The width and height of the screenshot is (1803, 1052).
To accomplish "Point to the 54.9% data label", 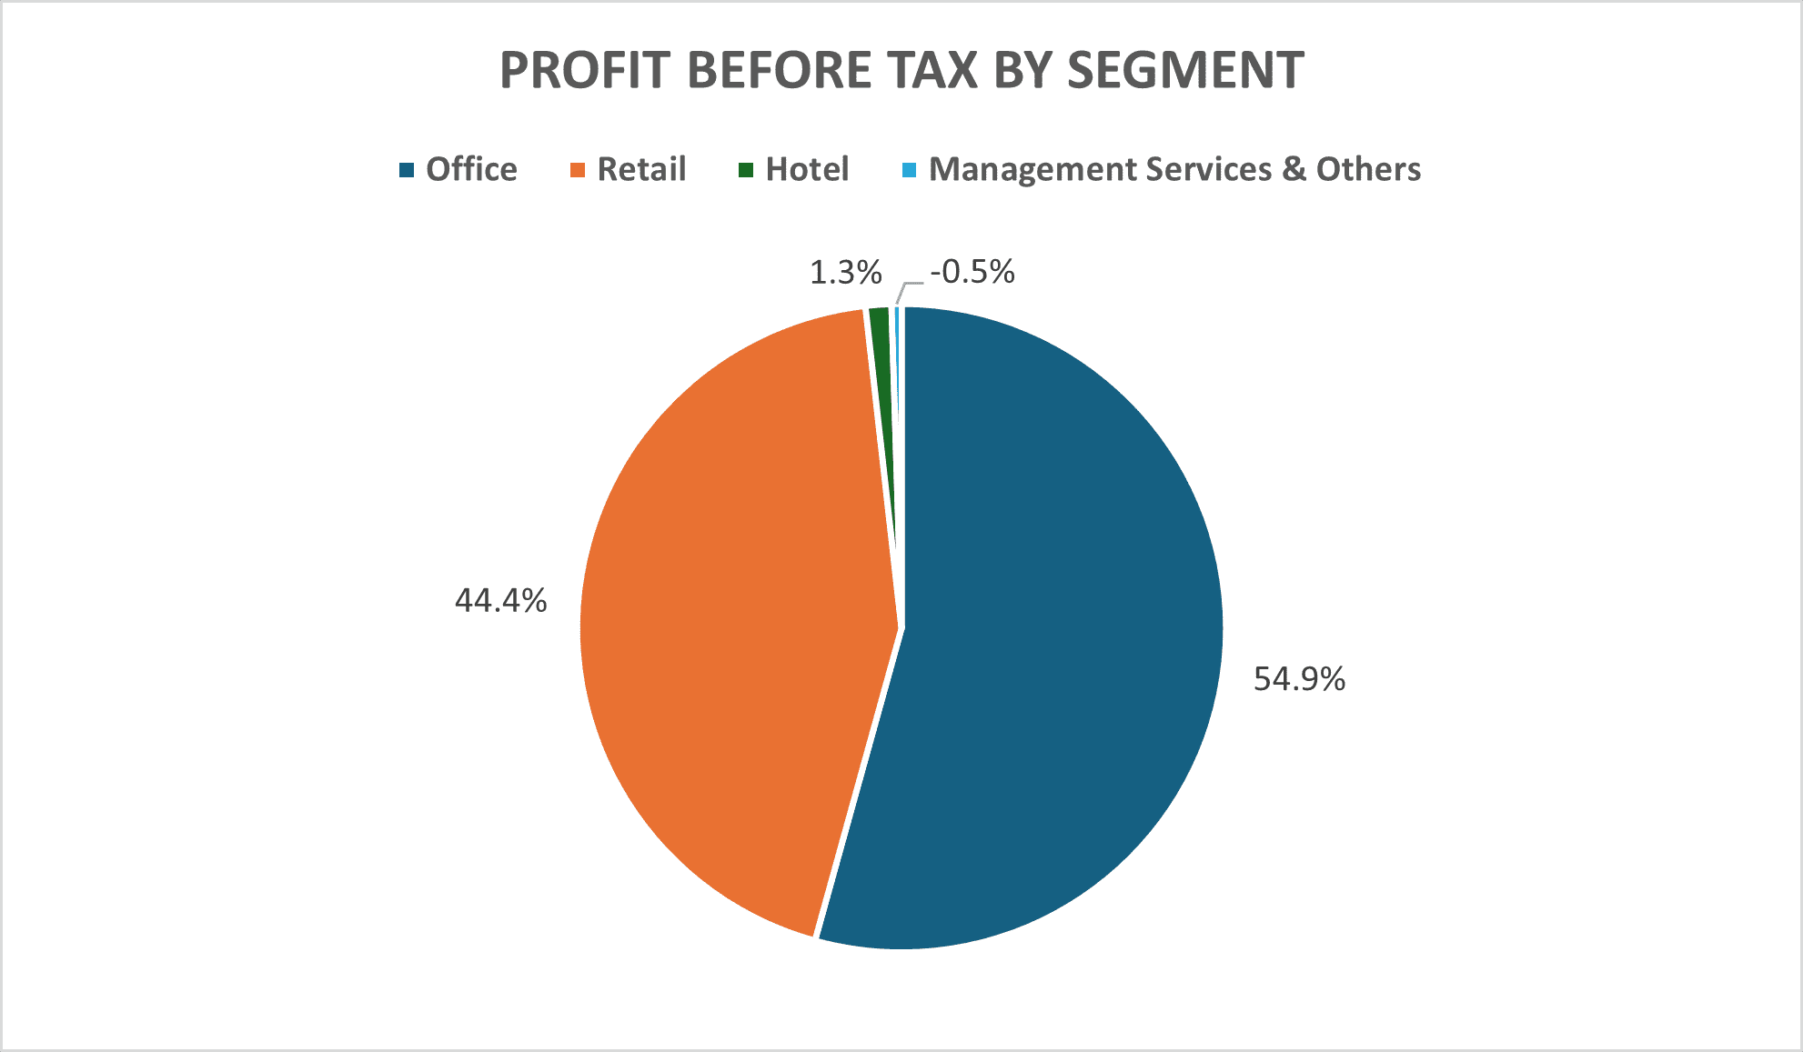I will point(1299,679).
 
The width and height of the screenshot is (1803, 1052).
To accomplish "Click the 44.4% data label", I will point(501,601).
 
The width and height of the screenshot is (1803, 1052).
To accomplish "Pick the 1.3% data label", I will point(845,272).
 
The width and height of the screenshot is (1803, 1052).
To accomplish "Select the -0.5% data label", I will point(972,271).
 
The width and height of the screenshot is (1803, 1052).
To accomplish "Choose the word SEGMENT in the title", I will point(1185,70).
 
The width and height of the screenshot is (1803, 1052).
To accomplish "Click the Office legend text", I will point(471,169).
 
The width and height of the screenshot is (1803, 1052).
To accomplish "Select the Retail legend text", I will point(641,169).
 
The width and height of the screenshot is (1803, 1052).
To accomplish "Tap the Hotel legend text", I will point(807,169).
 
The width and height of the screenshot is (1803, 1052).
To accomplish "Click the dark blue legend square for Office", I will point(407,170).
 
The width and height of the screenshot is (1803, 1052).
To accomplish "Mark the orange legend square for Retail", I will point(577,170).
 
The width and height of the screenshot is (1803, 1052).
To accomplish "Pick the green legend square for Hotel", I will point(746,170).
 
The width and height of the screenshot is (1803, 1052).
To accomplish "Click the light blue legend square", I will point(909,170).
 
